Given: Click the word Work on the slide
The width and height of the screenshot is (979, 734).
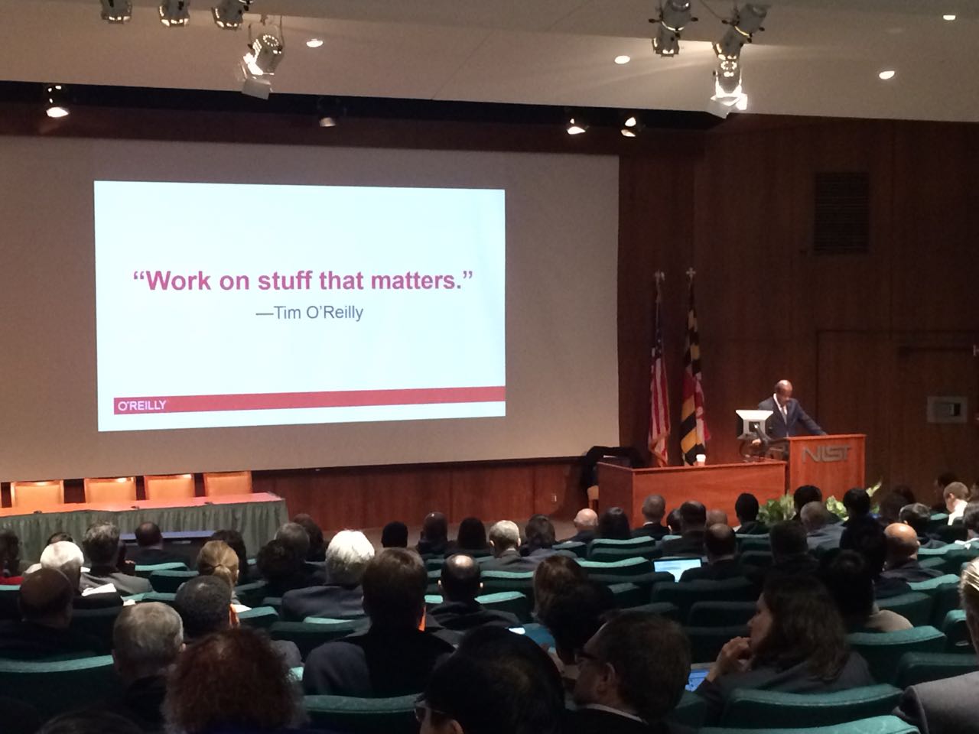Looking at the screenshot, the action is click(178, 281).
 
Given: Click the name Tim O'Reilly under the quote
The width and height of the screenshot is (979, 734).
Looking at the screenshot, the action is click(318, 313).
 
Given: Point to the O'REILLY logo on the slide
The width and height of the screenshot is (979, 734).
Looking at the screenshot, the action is click(141, 405).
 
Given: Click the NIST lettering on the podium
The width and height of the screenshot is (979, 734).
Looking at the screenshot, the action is click(826, 455).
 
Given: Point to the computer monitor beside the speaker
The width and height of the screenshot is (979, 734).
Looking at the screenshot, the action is click(753, 424).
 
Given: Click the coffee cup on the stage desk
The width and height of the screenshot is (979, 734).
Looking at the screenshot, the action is click(700, 460).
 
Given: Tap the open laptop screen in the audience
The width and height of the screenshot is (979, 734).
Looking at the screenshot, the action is click(677, 568).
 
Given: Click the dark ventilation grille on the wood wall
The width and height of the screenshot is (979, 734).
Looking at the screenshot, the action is click(841, 213).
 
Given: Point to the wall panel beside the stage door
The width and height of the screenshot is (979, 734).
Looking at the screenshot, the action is click(947, 409).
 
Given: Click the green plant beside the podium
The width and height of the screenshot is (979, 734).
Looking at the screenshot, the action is click(777, 508).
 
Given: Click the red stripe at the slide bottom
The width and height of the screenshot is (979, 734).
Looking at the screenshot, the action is click(309, 400).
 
